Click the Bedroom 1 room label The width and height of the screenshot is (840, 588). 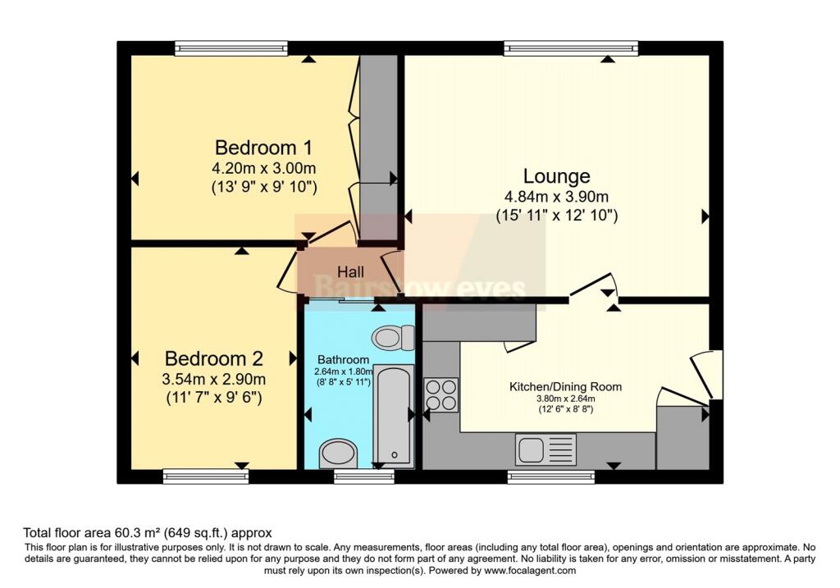263,148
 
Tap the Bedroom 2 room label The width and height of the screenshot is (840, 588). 214,358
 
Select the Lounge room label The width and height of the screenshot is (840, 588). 557,176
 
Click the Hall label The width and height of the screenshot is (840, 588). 351,271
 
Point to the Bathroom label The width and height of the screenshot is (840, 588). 343,360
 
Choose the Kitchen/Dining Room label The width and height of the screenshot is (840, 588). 565,386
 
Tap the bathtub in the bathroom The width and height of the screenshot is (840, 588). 394,416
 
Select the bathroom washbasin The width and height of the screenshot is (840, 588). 337,454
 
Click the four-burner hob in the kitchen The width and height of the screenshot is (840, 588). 441,394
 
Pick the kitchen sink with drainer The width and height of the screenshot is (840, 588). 546,449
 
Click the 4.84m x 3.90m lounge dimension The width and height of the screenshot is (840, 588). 557,197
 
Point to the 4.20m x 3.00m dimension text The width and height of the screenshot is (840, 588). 263,168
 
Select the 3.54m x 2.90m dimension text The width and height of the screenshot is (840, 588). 214,379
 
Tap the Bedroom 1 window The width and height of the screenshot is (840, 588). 231,48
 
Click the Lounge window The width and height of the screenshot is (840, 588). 571,48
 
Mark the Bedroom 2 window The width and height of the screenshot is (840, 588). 206,476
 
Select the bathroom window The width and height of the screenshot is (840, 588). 363,476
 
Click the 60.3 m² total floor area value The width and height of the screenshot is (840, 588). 137,533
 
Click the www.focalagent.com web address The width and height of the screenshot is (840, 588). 530,570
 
